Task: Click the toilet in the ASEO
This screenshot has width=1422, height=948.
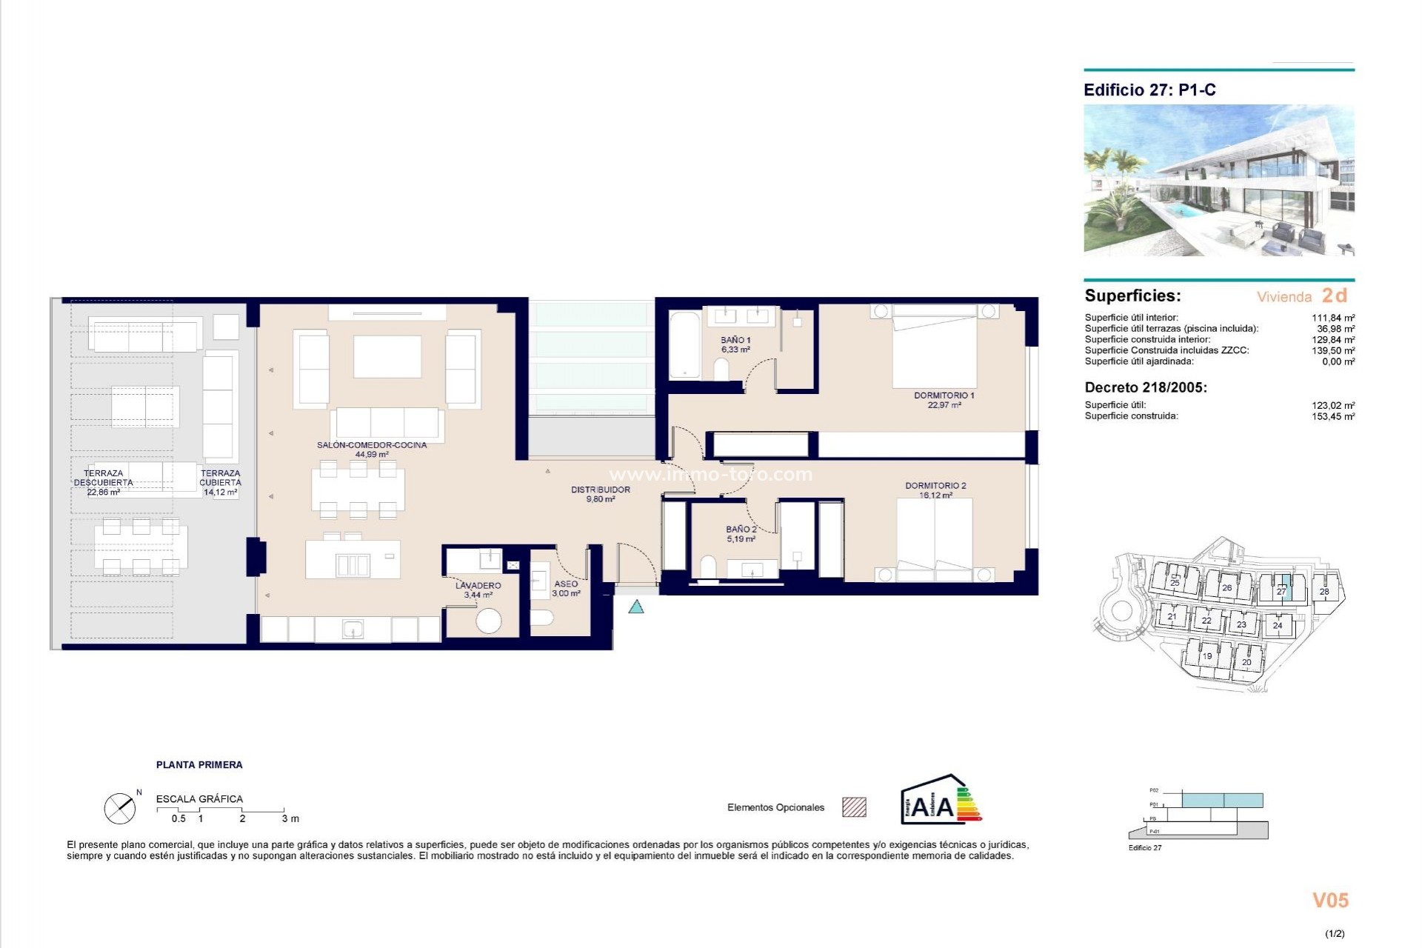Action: (542, 618)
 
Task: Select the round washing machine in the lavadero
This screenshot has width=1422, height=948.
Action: (488, 620)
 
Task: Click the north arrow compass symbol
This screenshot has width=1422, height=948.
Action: (120, 809)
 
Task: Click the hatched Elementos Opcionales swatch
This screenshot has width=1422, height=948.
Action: (854, 807)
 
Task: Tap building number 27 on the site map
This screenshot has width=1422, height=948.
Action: (1281, 591)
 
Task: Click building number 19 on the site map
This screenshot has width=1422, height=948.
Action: (1206, 656)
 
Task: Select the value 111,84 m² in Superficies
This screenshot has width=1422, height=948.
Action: (1333, 318)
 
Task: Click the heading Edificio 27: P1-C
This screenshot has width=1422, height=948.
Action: (1149, 90)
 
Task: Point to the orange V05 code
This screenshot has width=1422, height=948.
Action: (1330, 901)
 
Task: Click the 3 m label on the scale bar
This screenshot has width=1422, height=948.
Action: (290, 818)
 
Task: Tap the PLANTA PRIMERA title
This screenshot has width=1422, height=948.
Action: (199, 765)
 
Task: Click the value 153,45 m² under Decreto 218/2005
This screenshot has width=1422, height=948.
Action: (1333, 416)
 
